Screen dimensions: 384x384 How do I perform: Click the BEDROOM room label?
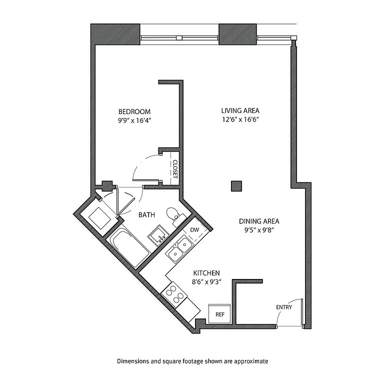point(134,111)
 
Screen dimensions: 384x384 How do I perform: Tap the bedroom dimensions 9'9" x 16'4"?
point(133,120)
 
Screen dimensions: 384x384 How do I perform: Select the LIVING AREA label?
point(240,110)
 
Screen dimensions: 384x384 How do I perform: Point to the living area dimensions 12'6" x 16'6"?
point(240,120)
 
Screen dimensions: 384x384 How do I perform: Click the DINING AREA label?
point(259,221)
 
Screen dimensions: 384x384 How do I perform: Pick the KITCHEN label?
point(206,273)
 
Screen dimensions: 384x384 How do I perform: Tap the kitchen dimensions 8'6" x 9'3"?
point(206,282)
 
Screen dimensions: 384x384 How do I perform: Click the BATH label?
point(146,215)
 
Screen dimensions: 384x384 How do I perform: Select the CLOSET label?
point(175,169)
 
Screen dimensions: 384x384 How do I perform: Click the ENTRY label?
point(284,307)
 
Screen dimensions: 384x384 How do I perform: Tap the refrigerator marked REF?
point(219,313)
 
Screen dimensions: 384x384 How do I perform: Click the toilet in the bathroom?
point(175,216)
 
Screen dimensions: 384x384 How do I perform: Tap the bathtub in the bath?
point(129,248)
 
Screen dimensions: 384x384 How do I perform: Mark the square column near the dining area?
point(236,186)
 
